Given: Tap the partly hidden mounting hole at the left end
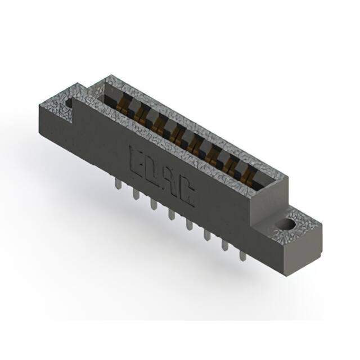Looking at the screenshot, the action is point(69,102).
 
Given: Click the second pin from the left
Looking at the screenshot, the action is point(136,194).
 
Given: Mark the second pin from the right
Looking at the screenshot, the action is point(225,245).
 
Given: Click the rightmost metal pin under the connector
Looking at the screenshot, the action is point(243,255).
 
